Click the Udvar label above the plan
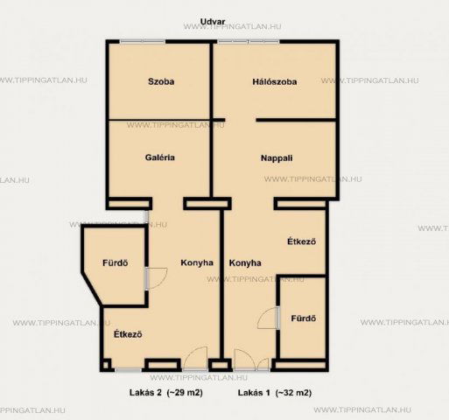[213, 22]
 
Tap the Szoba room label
[161, 81]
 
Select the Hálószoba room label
[275, 81]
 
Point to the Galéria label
[160, 157]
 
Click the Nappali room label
[277, 158]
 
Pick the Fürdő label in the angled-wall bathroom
[116, 262]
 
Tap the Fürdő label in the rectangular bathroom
[304, 318]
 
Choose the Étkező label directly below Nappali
[301, 241]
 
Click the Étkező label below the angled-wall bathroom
[128, 334]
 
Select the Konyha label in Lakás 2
[197, 262]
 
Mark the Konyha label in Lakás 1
[245, 263]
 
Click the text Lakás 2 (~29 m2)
[166, 393]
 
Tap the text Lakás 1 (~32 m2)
[275, 393]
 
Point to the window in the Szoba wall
[143, 42]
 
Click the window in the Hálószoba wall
[249, 42]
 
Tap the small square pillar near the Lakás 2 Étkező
[106, 365]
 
